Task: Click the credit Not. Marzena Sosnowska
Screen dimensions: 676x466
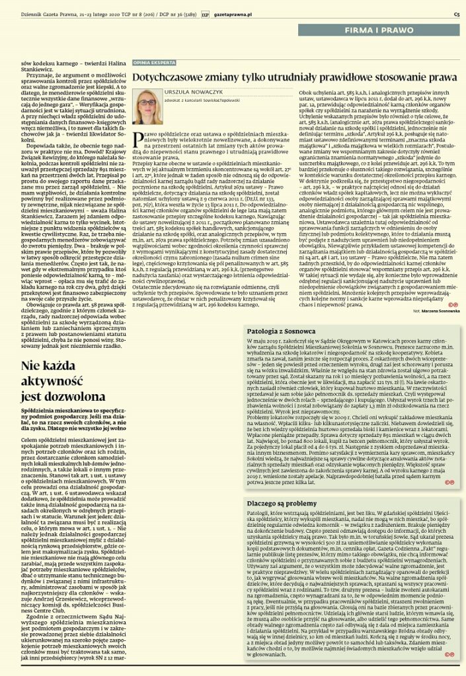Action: pyautogui.click(x=437, y=309)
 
